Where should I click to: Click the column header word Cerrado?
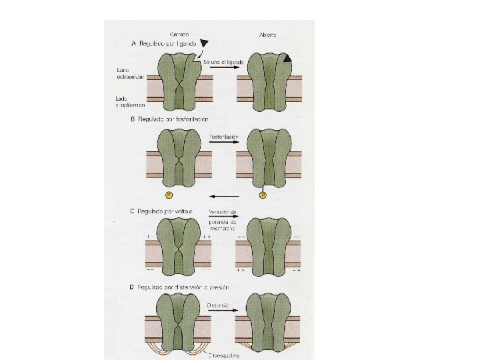click(177, 34)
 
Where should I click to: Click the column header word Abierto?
click(268, 34)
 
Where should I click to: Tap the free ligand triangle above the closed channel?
click(205, 43)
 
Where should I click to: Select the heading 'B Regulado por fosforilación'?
click(171, 119)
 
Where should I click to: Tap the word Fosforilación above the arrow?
click(223, 135)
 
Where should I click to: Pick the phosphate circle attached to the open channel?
click(263, 195)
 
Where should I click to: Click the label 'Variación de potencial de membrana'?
click(223, 219)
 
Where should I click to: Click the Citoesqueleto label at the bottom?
click(223, 355)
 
